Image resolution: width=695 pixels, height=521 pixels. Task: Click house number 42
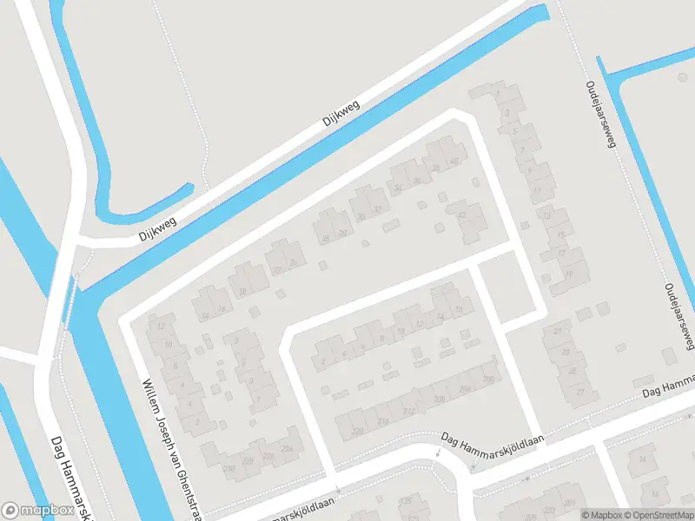(x=461, y=215)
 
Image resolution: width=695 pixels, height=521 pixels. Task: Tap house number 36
(x=417, y=181)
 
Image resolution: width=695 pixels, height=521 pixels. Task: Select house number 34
(x=399, y=188)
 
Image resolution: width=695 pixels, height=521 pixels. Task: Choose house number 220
(x=357, y=431)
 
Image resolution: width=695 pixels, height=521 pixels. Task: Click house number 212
(x=409, y=411)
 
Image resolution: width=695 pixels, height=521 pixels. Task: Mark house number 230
(x=229, y=468)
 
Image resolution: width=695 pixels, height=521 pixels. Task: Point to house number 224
(x=287, y=448)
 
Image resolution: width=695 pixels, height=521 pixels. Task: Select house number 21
(x=557, y=332)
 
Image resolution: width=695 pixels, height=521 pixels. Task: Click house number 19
(x=569, y=274)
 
